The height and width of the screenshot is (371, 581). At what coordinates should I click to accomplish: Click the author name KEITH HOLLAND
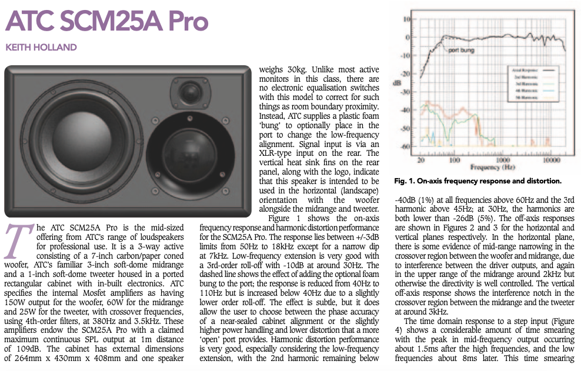click(41, 47)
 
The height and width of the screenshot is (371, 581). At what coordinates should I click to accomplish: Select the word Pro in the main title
click(182, 22)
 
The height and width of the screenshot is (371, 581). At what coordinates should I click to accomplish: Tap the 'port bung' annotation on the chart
click(462, 51)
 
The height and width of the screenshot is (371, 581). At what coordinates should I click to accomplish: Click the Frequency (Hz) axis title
click(493, 168)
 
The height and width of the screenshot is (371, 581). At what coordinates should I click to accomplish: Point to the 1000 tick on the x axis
click(502, 160)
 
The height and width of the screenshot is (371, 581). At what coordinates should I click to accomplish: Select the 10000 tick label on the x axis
click(551, 160)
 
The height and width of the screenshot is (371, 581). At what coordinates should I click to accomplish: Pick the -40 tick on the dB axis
click(405, 109)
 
